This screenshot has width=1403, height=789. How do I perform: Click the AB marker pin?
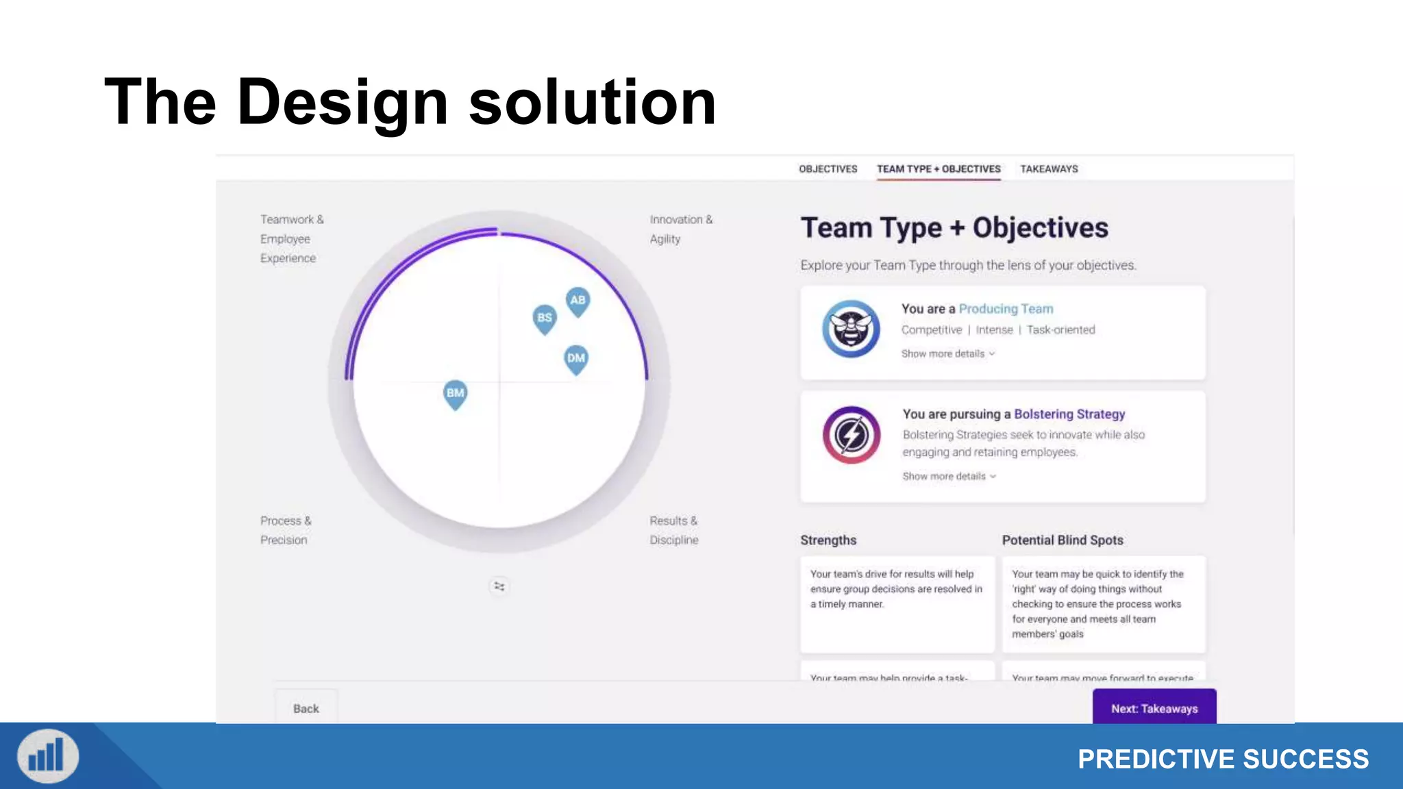point(578,301)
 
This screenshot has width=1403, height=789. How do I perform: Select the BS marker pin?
point(545,318)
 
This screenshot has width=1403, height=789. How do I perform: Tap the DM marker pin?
point(576,359)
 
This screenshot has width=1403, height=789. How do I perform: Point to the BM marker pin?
point(456,394)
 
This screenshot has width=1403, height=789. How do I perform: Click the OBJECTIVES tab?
point(828,169)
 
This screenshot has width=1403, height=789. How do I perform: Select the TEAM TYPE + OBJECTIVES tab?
point(939,169)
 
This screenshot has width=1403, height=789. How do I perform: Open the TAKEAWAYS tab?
point(1049,169)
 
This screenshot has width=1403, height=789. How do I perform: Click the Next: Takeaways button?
point(1154,707)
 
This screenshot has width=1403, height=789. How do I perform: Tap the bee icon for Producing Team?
point(851,329)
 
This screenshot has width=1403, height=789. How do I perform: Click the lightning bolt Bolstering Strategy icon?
point(852,435)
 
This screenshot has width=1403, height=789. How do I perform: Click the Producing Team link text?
point(1006,309)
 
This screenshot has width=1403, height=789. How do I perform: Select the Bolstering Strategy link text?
point(1069,414)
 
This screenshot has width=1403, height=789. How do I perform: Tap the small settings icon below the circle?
point(499,586)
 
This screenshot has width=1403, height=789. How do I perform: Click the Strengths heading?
point(828,540)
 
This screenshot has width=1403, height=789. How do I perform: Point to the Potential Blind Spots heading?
point(1063,540)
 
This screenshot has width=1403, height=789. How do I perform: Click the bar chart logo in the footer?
point(48,757)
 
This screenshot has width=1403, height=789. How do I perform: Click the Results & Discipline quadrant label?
point(674,530)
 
